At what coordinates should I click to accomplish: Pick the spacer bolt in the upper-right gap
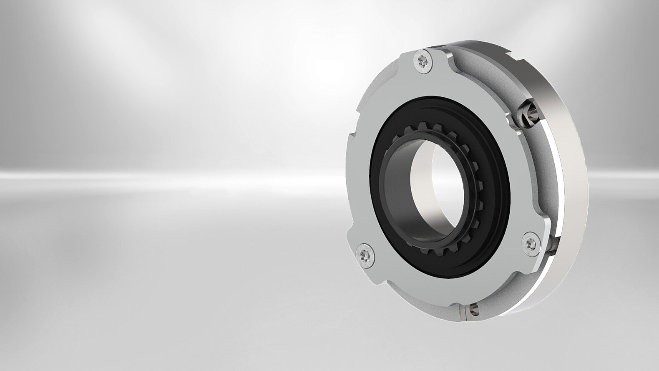tap(525, 114)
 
